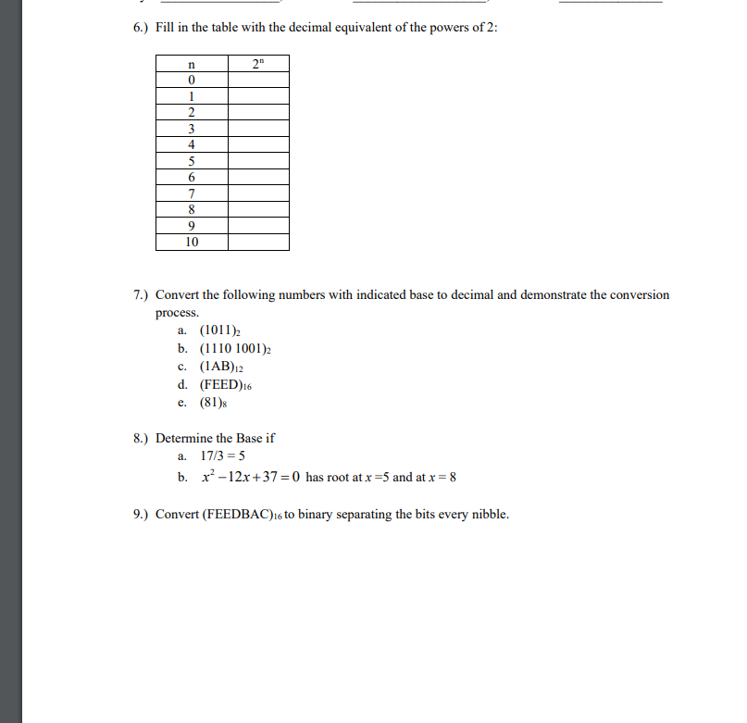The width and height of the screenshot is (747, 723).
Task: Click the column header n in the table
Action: pos(192,64)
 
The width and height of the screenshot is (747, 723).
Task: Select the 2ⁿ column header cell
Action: pos(258,64)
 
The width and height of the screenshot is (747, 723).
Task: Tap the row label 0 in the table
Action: pos(192,81)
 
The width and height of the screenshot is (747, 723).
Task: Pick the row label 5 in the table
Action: pos(192,160)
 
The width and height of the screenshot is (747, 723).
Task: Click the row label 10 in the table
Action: pos(192,242)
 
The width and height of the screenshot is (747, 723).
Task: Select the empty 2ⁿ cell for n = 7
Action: pos(258,193)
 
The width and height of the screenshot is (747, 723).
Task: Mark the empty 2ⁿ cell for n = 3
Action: pos(258,129)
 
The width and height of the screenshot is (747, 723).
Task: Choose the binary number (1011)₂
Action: pos(220,330)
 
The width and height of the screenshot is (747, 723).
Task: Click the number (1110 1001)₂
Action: pos(235,349)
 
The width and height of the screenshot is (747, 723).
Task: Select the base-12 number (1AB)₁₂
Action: pos(221,367)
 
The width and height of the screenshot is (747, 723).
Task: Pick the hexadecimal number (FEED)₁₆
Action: pos(226,384)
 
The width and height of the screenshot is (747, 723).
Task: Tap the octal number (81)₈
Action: pos(214,403)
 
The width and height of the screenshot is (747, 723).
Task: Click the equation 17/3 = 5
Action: pos(223,456)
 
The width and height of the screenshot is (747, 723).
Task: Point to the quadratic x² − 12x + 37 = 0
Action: pos(250,477)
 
